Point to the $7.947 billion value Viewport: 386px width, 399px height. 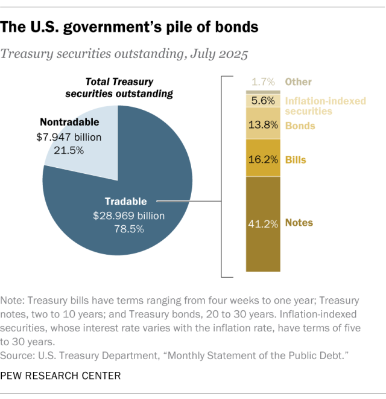[x=68, y=137]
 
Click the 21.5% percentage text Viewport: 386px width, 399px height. [x=68, y=150]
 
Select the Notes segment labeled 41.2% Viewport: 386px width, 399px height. [x=263, y=223]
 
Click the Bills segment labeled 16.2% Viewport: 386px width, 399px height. [x=263, y=161]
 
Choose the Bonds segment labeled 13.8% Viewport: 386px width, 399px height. [x=263, y=126]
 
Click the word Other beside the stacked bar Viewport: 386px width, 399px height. [x=299, y=82]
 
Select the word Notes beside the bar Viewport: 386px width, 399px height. [x=299, y=223]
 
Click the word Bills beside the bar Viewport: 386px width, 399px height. [x=296, y=161]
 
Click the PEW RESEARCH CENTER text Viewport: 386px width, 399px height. [x=60, y=376]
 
